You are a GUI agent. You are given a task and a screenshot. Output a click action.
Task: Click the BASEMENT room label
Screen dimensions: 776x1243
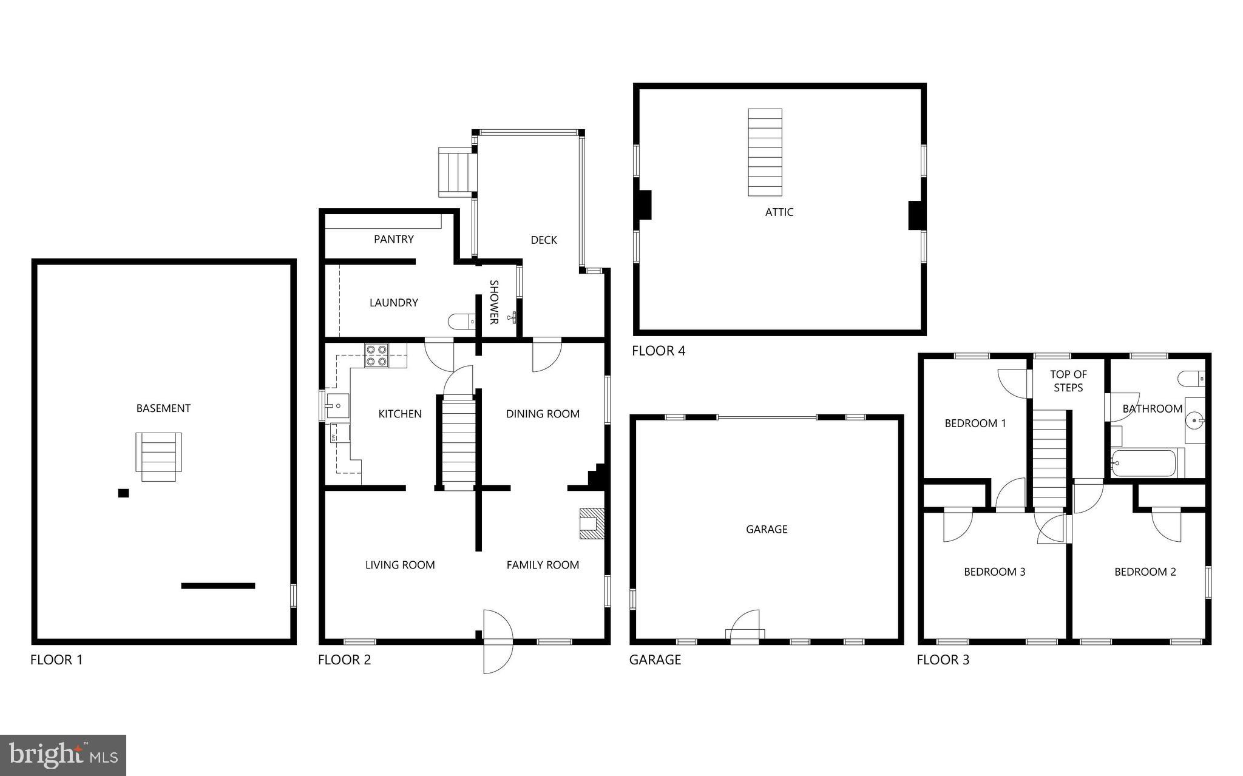pyautogui.click(x=163, y=408)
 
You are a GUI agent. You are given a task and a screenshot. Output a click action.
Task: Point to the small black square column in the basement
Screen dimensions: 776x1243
pyautogui.click(x=123, y=493)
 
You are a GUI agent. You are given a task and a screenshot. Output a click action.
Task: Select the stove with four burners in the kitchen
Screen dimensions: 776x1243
pyautogui.click(x=376, y=356)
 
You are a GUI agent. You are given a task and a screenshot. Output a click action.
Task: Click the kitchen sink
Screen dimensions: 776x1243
pyautogui.click(x=337, y=405)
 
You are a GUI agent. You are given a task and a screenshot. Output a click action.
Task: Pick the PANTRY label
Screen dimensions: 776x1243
pyautogui.click(x=393, y=239)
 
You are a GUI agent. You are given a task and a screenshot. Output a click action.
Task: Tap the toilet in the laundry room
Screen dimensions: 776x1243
pyautogui.click(x=461, y=321)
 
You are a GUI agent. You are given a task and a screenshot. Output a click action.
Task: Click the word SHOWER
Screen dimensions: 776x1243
pyautogui.click(x=494, y=302)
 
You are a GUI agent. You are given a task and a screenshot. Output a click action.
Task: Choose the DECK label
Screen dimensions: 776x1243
pyautogui.click(x=543, y=240)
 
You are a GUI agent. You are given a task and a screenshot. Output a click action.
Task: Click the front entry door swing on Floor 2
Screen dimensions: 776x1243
pyautogui.click(x=498, y=641)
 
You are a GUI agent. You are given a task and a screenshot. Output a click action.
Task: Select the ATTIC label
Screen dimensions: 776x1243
pyautogui.click(x=779, y=212)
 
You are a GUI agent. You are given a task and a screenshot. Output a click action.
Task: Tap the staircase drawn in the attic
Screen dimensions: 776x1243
pyautogui.click(x=765, y=152)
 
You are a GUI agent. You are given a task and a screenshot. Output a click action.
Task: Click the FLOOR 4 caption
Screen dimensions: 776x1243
pyautogui.click(x=659, y=351)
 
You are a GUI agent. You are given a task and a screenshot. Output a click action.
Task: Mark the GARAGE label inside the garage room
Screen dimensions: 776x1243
pyautogui.click(x=767, y=529)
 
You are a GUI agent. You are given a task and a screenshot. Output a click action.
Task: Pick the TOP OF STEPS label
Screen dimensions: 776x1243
pyautogui.click(x=1068, y=381)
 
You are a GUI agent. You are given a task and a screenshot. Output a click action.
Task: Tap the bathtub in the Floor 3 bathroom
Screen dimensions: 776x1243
pyautogui.click(x=1146, y=464)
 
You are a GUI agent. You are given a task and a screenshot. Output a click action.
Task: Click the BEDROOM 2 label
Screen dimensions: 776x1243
pyautogui.click(x=1145, y=572)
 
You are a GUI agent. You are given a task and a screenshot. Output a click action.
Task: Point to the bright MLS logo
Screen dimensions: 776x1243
pyautogui.click(x=63, y=755)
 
